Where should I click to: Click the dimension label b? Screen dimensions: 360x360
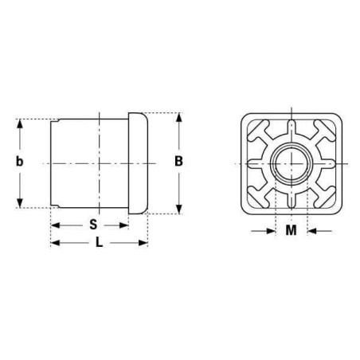[x=19, y=162]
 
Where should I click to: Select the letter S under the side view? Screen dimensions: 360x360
[x=93, y=225]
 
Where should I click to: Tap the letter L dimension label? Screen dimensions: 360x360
[x=99, y=242]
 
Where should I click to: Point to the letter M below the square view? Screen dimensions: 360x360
[x=292, y=230]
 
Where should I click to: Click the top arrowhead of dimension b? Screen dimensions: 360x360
[x=20, y=124]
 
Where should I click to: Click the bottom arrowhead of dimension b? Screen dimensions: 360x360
[x=20, y=202]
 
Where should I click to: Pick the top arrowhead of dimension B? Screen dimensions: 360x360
[x=179, y=118]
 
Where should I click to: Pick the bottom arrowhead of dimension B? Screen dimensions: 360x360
[x=179, y=209]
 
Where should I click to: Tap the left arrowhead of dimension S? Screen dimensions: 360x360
[x=56, y=225]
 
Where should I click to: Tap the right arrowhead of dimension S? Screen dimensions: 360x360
[x=123, y=225]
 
